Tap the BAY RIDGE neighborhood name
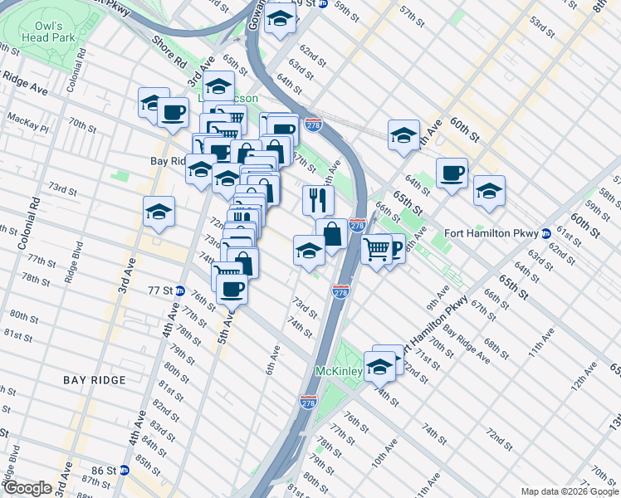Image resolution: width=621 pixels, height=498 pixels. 95,380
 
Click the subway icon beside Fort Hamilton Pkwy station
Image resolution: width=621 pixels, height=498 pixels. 545,232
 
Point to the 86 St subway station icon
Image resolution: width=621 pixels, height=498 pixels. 125,470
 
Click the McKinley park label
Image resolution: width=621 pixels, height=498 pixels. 338,372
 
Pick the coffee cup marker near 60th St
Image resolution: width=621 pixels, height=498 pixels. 452,173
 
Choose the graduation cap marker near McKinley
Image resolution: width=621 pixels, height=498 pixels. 379,364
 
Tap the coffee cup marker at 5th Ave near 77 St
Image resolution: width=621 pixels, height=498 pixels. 232,289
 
